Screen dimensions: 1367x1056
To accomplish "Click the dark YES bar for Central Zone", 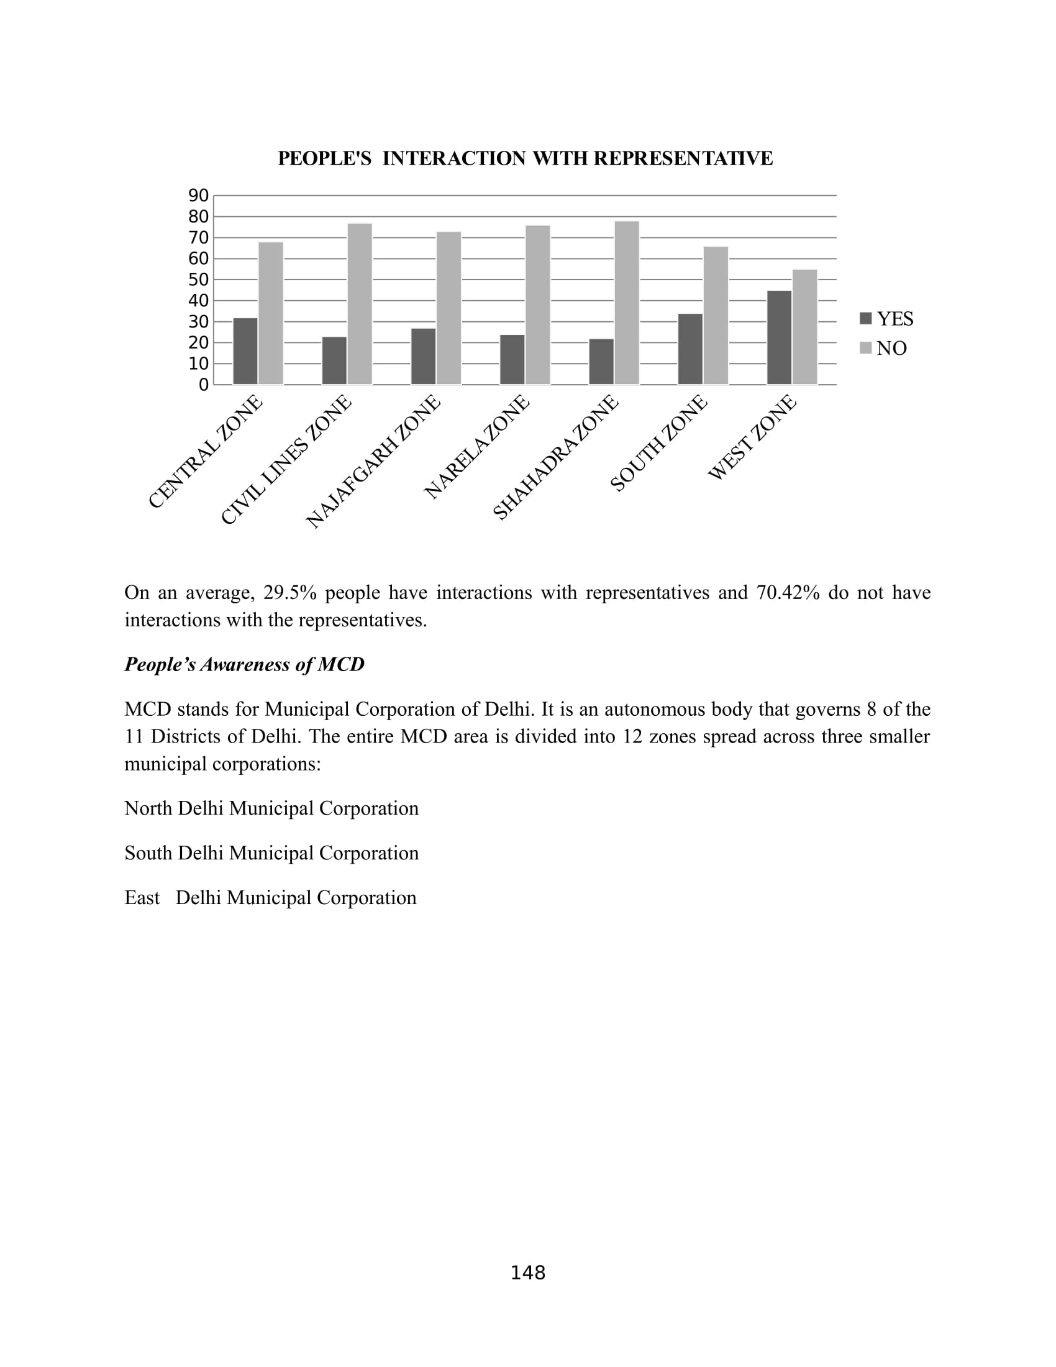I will pyautogui.click(x=245, y=351).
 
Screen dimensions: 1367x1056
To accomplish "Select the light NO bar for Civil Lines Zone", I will pyautogui.click(x=360, y=304).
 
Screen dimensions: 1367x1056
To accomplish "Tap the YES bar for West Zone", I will pyautogui.click(x=779, y=337).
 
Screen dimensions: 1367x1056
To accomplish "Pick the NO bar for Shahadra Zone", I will pyautogui.click(x=627, y=303).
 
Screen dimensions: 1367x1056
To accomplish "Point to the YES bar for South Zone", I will pyautogui.click(x=690, y=349).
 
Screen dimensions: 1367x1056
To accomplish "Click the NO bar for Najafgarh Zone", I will pyautogui.click(x=448, y=308).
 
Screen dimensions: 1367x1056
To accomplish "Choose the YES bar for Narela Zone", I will pyautogui.click(x=512, y=359).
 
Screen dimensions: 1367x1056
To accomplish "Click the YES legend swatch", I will pyautogui.click(x=866, y=319).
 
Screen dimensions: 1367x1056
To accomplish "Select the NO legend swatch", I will pyautogui.click(x=866, y=348).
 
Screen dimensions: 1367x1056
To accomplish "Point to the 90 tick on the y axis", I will pyautogui.click(x=198, y=196).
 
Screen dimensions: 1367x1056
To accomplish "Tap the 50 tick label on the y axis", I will pyautogui.click(x=198, y=280).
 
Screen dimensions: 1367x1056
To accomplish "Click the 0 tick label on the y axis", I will pyautogui.click(x=203, y=385).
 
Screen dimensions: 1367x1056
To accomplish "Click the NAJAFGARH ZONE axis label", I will pyautogui.click(x=373, y=462).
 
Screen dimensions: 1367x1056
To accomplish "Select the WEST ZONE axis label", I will pyautogui.click(x=753, y=437).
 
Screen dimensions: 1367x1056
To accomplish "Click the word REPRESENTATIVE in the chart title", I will pyautogui.click(x=683, y=158).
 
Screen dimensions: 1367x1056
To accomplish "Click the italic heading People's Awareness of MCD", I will pyautogui.click(x=244, y=664).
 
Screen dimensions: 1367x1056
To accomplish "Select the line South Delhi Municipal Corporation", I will pyautogui.click(x=271, y=853).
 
